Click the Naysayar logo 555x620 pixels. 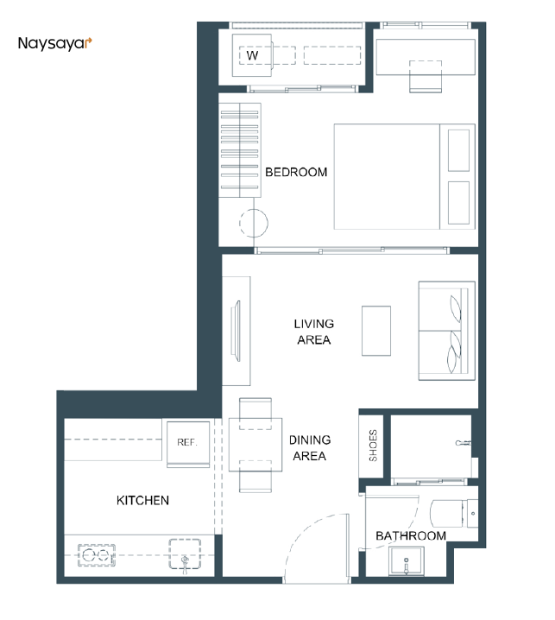click(55, 43)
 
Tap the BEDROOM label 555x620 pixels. click(296, 172)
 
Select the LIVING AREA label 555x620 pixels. click(314, 332)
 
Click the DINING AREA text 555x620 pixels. click(310, 447)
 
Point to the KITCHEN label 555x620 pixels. click(142, 500)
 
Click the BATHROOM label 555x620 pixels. click(411, 535)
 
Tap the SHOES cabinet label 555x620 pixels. click(373, 446)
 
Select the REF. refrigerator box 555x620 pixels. click(188, 444)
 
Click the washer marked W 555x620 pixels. click(252, 55)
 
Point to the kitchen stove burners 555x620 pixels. click(97, 555)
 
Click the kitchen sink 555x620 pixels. click(185, 554)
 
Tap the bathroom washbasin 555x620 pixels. click(406, 560)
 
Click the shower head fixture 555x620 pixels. click(464, 443)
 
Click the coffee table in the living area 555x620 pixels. click(376, 331)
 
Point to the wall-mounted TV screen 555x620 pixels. click(237, 331)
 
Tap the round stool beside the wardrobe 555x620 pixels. click(254, 223)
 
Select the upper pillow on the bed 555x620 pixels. click(458, 150)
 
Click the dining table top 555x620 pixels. click(255, 445)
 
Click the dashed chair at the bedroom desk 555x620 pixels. click(426, 76)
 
